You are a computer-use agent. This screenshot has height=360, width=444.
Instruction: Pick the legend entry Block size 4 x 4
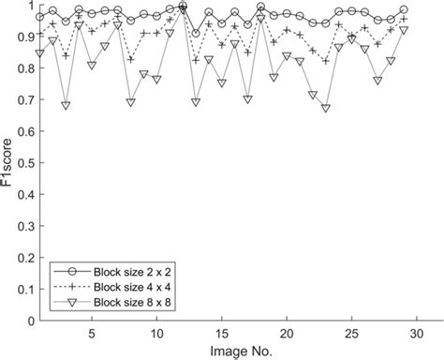[131, 287]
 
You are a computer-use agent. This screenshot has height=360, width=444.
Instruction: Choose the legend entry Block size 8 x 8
[131, 302]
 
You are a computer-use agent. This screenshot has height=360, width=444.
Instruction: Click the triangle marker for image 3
[66, 106]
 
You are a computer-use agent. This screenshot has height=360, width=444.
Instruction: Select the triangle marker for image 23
[325, 109]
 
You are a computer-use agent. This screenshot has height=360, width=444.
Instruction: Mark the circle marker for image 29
[403, 10]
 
